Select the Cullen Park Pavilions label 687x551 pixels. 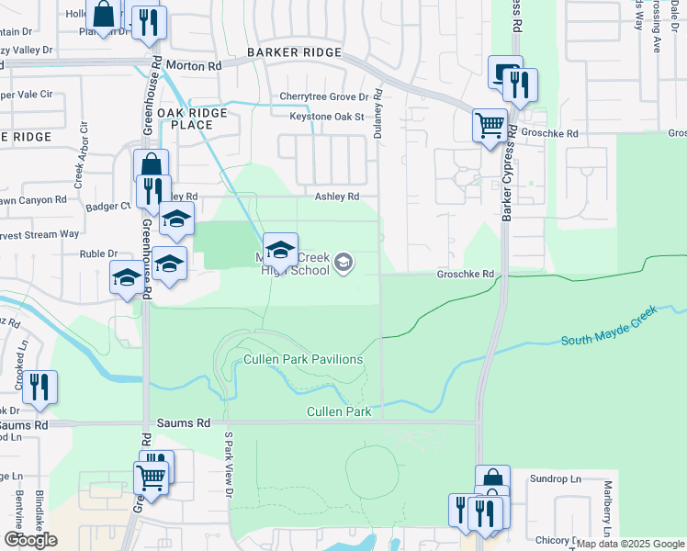pos(303,359)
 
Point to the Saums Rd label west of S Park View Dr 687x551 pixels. pos(189,423)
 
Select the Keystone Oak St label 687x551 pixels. pos(327,117)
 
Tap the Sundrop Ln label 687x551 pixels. pos(557,479)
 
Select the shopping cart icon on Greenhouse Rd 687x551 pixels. pos(151,477)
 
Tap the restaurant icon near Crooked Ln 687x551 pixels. pos(40,386)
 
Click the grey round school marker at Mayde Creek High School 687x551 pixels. pos(343,264)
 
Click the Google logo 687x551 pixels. pos(30,540)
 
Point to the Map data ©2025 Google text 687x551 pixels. pos(630,544)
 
